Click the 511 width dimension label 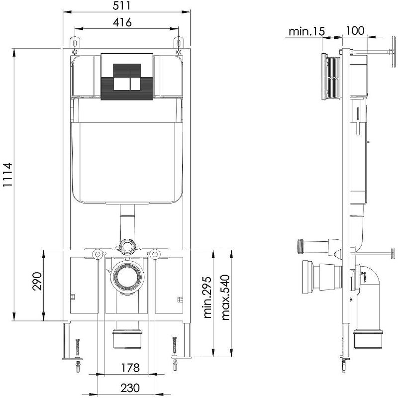[122, 5]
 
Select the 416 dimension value [122, 22]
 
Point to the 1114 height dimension [7, 175]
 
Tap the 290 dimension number [37, 281]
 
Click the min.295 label [207, 298]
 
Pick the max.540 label [225, 297]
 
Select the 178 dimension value [130, 368]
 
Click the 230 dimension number [130, 388]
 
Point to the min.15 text [306, 31]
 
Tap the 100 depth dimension [355, 31]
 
